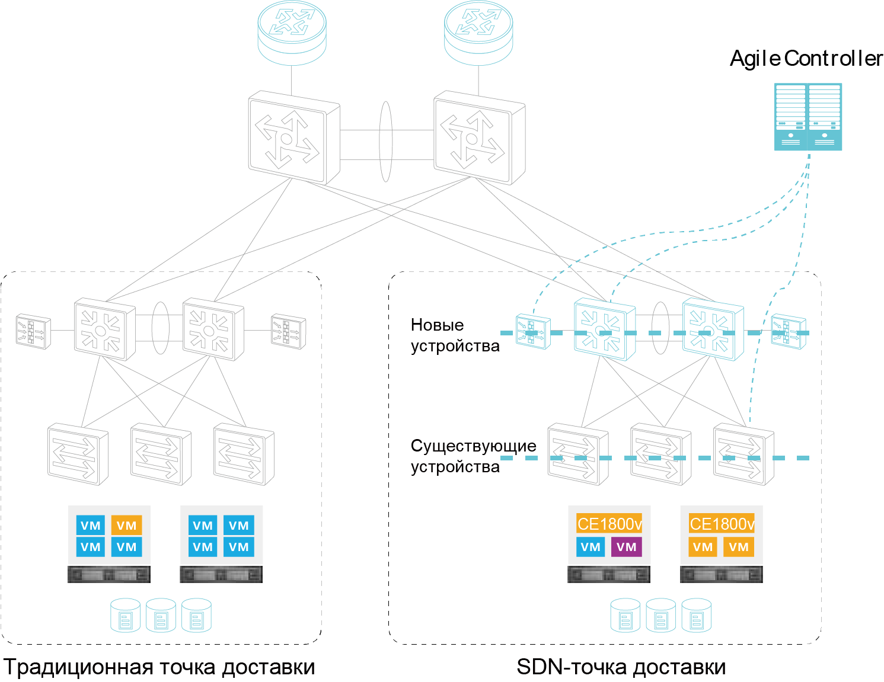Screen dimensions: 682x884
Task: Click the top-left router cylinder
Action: pyautogui.click(x=292, y=33)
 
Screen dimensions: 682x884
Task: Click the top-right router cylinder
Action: pyautogui.click(x=478, y=33)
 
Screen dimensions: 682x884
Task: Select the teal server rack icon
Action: pyautogui.click(x=808, y=117)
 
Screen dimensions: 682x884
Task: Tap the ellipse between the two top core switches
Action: pyautogui.click(x=386, y=142)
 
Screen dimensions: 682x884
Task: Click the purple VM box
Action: pyautogui.click(x=626, y=547)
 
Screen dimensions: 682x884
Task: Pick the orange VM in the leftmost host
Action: pyautogui.click(x=126, y=526)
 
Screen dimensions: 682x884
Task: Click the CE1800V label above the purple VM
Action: pyautogui.click(x=609, y=524)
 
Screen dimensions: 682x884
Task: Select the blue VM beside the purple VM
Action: pyautogui.click(x=591, y=547)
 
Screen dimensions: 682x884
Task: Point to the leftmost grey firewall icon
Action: pyautogui.click(x=33, y=331)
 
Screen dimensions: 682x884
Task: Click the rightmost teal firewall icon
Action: pyautogui.click(x=789, y=331)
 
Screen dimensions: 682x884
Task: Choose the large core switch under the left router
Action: pyautogui.click(x=293, y=137)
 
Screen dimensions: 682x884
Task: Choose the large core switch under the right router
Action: pyautogui.click(x=479, y=137)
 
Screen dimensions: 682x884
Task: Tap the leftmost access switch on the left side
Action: pyautogui.click(x=78, y=454)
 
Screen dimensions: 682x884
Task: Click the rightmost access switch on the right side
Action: pyautogui.click(x=743, y=454)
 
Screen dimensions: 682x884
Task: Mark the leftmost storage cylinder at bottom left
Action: pyautogui.click(x=125, y=616)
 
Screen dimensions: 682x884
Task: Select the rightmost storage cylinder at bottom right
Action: pyautogui.click(x=696, y=616)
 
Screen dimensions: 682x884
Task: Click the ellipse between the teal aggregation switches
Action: pyautogui.click(x=660, y=328)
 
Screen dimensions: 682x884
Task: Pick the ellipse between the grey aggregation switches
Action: pyautogui.click(x=161, y=328)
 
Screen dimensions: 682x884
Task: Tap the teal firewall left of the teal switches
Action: pyautogui.click(x=533, y=331)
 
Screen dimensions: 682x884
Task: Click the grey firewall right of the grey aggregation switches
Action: pyautogui.click(x=289, y=331)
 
